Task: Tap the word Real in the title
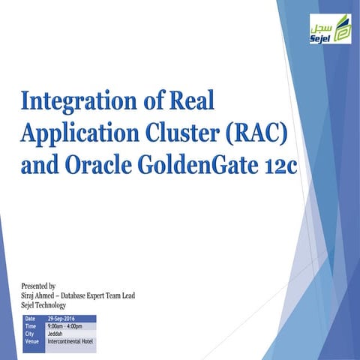(213, 101)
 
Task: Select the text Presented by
(40, 286)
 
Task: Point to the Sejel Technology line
(44, 305)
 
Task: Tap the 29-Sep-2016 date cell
(67, 319)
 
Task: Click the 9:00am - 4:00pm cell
(70, 327)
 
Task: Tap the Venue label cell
(32, 341)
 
